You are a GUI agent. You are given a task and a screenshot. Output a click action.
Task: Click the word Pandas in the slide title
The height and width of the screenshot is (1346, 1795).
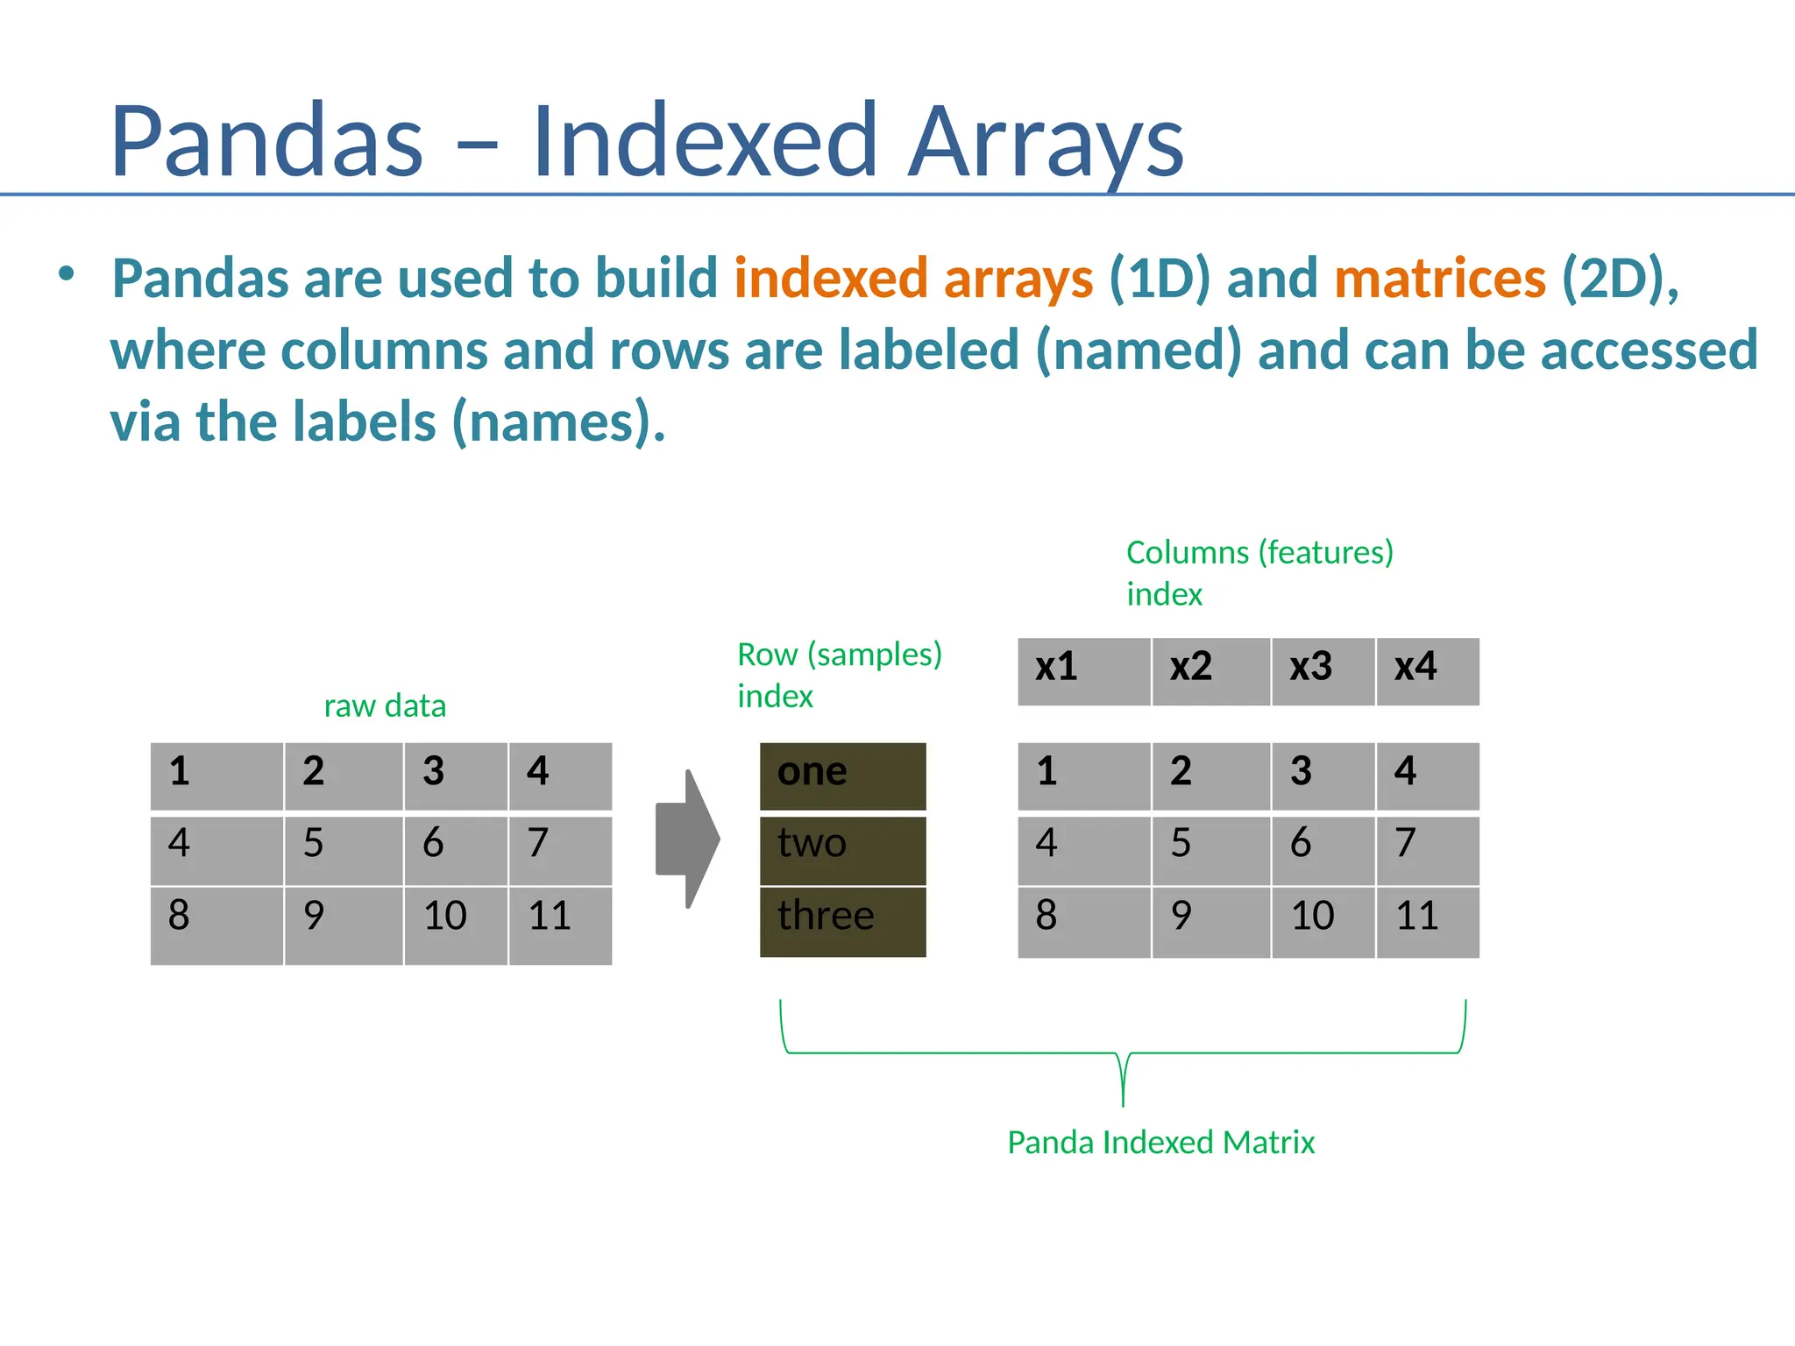pos(266,142)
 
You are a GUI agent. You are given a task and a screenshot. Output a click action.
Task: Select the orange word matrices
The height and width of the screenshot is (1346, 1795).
pos(1440,279)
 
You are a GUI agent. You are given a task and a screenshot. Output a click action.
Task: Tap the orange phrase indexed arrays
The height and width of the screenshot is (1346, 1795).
pos(913,279)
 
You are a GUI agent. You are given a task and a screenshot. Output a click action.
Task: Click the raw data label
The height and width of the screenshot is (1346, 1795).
pos(385,705)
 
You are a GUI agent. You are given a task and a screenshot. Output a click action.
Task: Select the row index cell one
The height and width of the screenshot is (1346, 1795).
pos(842,776)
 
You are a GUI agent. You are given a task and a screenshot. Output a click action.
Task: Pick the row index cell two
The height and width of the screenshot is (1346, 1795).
pos(842,849)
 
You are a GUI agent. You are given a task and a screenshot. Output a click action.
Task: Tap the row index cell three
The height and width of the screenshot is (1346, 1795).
pos(842,921)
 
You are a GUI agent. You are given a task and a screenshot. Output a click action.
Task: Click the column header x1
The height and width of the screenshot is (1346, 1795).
pos(1083,671)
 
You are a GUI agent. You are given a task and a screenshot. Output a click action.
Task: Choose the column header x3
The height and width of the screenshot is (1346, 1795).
pos(1323,671)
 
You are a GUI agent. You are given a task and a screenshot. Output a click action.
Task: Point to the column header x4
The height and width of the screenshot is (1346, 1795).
pos(1427,671)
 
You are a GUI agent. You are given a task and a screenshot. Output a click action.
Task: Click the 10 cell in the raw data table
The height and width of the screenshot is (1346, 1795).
pos(455,924)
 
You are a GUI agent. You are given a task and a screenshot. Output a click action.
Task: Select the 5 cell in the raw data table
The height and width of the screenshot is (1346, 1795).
pos(343,849)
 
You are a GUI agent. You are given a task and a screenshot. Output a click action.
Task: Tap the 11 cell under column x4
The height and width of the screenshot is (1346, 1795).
pos(1427,921)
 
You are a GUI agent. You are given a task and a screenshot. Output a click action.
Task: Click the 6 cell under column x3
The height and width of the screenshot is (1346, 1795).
pos(1323,849)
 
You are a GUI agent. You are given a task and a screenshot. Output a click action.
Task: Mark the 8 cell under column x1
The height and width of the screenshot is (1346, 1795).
pos(1083,921)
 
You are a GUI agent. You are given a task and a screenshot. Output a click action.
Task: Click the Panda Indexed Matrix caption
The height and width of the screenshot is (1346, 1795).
pos(1160,1143)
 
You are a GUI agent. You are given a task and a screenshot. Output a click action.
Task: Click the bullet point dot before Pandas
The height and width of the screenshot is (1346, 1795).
pos(67,274)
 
